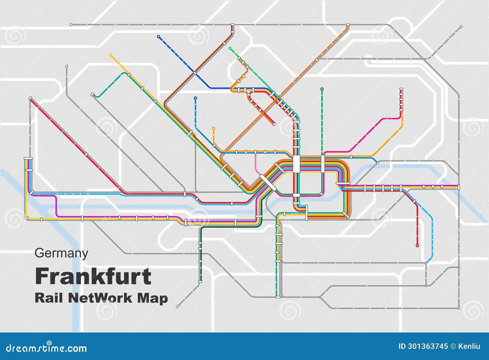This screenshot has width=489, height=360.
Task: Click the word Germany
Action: pos(61,253)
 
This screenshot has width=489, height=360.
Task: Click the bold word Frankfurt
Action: pos(93,277)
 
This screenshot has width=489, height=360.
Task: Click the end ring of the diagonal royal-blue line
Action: pos(158,37)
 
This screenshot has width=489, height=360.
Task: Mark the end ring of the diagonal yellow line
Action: pos(110,55)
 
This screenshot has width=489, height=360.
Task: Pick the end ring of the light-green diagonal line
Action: pos(230,48)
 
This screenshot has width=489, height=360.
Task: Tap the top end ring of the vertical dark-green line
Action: pos(322,89)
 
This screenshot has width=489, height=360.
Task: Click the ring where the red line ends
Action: pos(417,245)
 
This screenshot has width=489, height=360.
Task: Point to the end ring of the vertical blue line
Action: pos(195,98)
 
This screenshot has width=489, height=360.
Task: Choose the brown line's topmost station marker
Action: pos(232,24)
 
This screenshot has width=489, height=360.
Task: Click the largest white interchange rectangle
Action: pos(296,164)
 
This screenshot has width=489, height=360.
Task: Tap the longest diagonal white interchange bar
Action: pos(268,182)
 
